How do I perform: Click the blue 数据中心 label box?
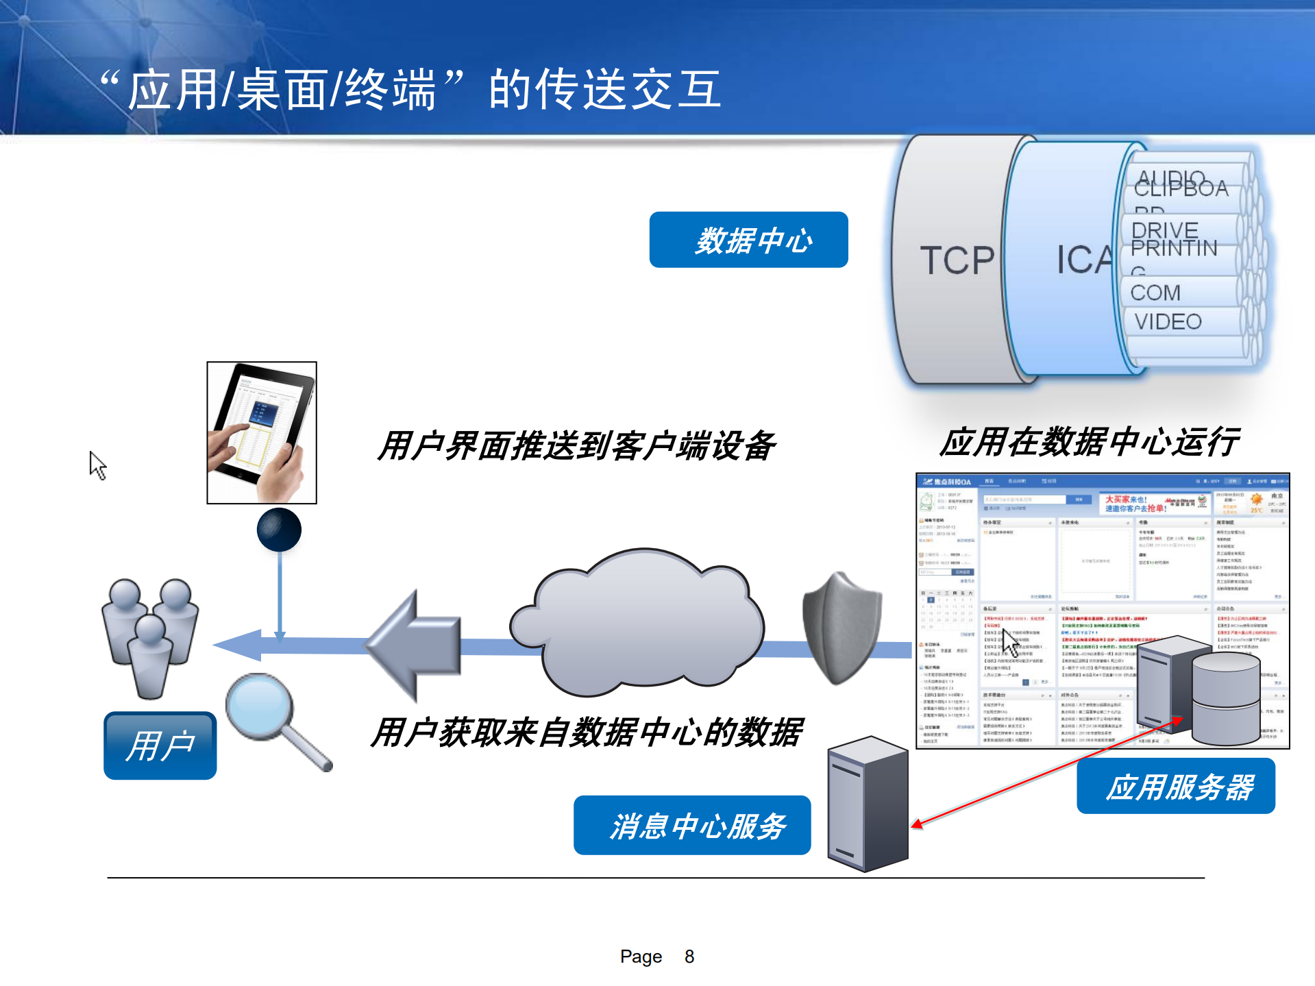pyautogui.click(x=748, y=240)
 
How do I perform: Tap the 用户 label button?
pyautogui.click(x=160, y=745)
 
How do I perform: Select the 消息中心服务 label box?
pyautogui.click(x=692, y=826)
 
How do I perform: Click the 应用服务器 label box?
pyautogui.click(x=1176, y=787)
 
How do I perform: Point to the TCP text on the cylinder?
pyautogui.click(x=957, y=260)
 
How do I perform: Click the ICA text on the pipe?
pyautogui.click(x=1083, y=260)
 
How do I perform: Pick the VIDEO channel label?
pyautogui.click(x=1168, y=321)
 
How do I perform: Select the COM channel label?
pyautogui.click(x=1155, y=293)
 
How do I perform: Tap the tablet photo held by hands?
pyautogui.click(x=262, y=432)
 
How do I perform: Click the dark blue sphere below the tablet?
pyautogui.click(x=279, y=530)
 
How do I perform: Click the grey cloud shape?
pyautogui.click(x=637, y=620)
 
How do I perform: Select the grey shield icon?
pyautogui.click(x=841, y=627)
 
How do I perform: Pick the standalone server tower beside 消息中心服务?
pyautogui.click(x=868, y=803)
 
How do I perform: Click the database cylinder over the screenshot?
pyautogui.click(x=1226, y=698)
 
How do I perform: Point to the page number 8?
pyautogui.click(x=689, y=957)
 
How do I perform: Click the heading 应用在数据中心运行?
pyautogui.click(x=1089, y=442)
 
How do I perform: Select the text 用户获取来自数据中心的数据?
pyautogui.click(x=587, y=732)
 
